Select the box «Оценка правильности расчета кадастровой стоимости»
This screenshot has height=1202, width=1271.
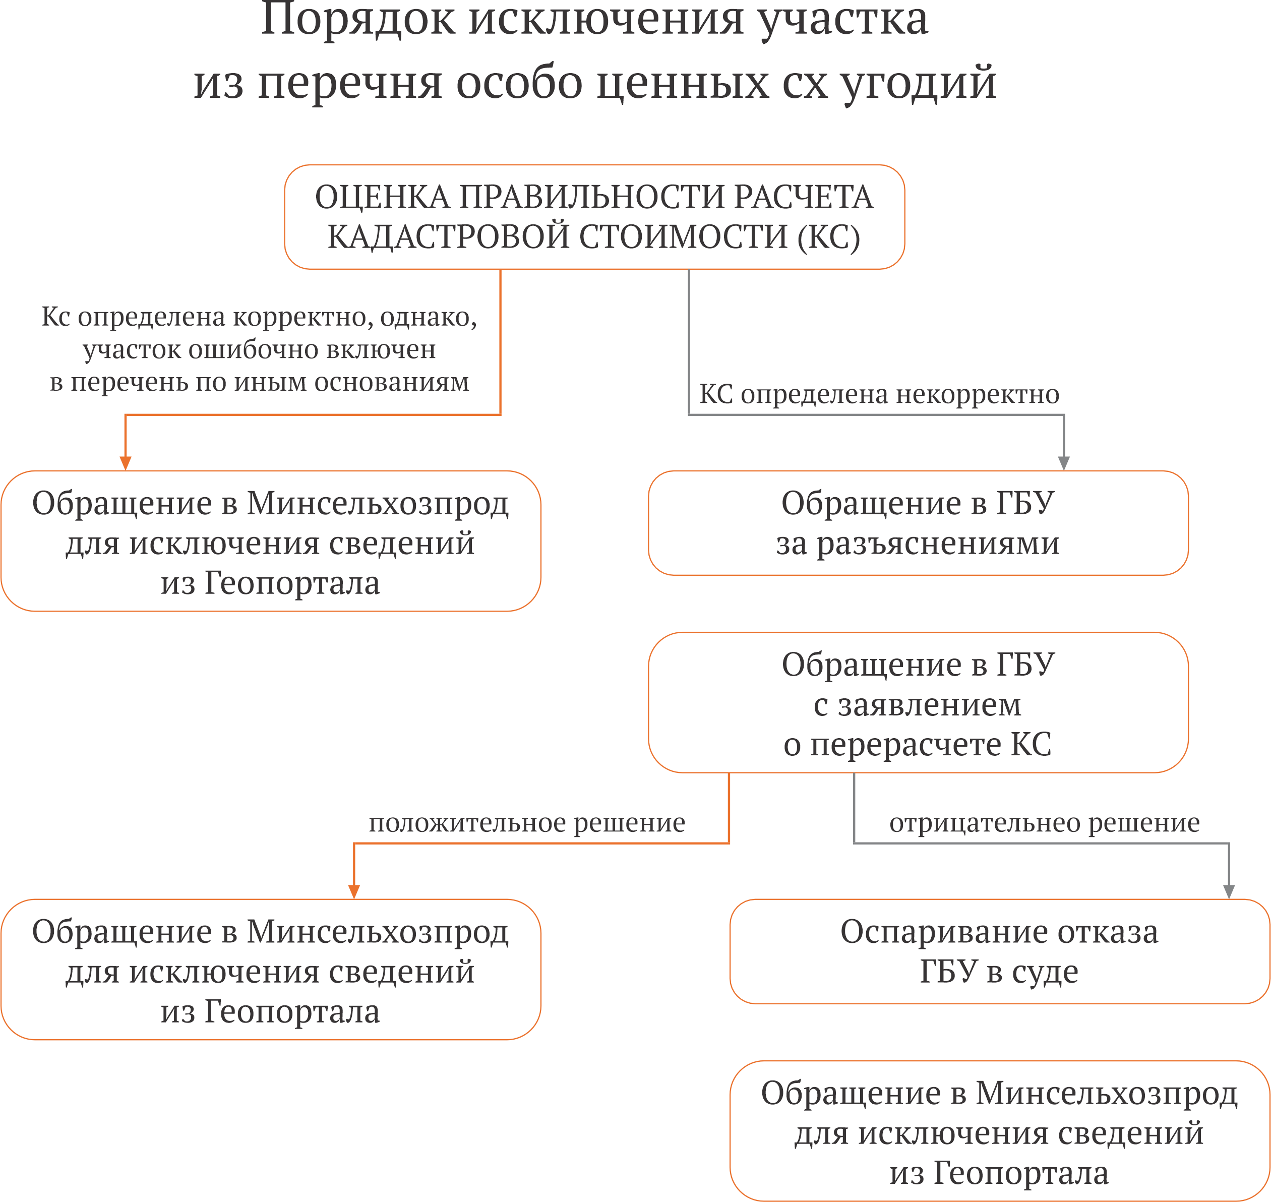click(594, 217)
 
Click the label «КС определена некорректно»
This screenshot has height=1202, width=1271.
click(879, 394)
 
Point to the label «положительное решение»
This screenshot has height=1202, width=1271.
click(526, 823)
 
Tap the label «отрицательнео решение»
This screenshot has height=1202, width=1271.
click(1044, 823)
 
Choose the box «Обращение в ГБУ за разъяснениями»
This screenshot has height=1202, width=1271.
click(918, 523)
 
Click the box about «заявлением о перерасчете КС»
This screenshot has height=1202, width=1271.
click(918, 703)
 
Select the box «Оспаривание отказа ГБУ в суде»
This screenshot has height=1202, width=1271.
click(999, 951)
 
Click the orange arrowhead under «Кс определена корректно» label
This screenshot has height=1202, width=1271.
click(126, 463)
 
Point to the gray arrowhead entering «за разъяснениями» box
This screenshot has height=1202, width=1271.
click(1063, 463)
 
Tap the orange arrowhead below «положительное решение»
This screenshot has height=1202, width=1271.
click(353, 892)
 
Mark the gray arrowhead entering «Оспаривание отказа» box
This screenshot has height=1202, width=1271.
click(1229, 892)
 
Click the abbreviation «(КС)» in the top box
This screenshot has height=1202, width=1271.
click(828, 237)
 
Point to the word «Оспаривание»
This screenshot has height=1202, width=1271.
click(944, 933)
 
